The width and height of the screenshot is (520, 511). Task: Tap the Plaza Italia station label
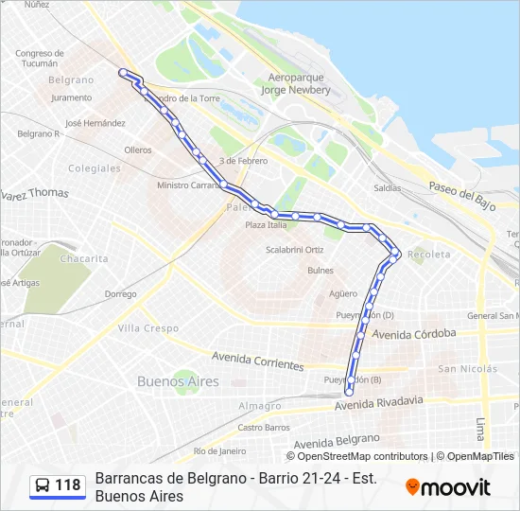point(266,225)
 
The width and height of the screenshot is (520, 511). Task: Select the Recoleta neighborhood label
point(429,255)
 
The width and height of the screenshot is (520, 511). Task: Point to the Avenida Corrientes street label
point(258,361)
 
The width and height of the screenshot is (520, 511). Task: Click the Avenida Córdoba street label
point(414,334)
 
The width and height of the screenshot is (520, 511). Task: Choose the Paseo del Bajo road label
point(462,195)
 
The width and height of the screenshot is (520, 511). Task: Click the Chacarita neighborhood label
point(84,258)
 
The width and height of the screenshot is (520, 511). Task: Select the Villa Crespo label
point(147,328)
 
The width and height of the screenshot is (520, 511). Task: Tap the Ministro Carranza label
point(189,185)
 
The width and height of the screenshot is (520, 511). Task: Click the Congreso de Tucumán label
point(45,58)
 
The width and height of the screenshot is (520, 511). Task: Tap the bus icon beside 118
point(43,485)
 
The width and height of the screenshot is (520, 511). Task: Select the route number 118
point(68,485)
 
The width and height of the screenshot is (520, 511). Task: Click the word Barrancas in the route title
point(130,479)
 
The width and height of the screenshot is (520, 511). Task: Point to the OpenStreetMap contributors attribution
point(362,456)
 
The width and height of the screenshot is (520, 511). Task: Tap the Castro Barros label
point(264,428)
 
